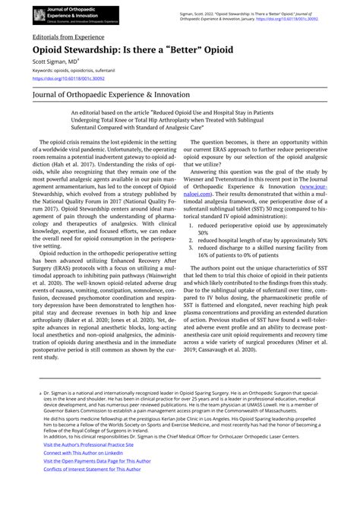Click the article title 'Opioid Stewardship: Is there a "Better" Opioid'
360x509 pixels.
133,49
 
